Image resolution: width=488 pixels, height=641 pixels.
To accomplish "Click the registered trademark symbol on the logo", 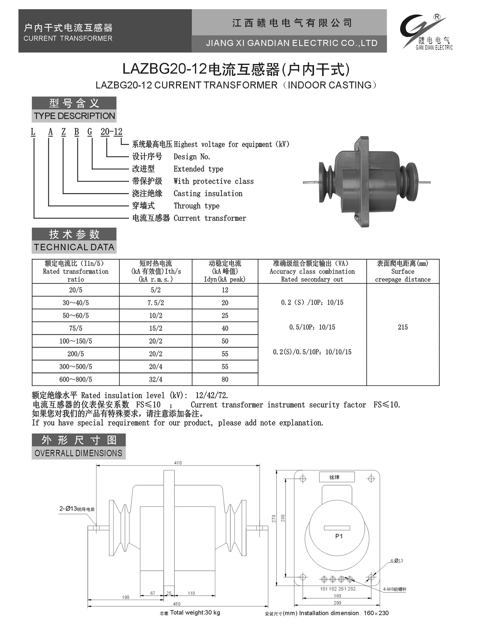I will coord(437,17).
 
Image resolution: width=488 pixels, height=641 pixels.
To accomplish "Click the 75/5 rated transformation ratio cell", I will coord(75,328).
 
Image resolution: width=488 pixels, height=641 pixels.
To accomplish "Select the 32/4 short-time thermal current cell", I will coord(156,379).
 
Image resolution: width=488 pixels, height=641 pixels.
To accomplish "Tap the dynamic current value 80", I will coord(225,379).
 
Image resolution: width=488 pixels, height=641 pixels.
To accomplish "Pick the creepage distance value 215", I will coord(402,327).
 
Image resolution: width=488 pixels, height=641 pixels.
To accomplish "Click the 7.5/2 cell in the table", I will coord(156,303).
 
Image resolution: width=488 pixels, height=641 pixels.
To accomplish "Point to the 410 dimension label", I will coord(178,463).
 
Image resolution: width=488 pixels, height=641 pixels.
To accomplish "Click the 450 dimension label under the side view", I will coord(176,604).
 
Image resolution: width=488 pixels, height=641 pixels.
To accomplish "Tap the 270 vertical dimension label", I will coord(274,519).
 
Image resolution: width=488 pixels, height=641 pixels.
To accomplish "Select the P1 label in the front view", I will coord(339,536).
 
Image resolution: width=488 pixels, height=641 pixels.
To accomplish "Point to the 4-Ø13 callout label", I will coord(397,561).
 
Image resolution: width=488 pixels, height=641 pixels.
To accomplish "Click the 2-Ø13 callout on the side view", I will coord(77,509).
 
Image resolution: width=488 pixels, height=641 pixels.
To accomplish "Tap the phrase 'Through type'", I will coord(197,206).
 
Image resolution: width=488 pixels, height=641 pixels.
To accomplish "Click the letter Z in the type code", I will coord(63,132).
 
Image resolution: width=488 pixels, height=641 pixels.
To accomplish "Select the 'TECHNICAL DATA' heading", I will coord(74,247).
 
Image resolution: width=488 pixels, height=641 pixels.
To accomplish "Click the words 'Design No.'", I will coord(192,157).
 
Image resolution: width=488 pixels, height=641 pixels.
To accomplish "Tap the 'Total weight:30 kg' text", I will coord(195,613).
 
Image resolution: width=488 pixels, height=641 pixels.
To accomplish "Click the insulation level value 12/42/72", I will coord(212,396).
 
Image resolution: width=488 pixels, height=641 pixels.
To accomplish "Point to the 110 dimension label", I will coord(191,593).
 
